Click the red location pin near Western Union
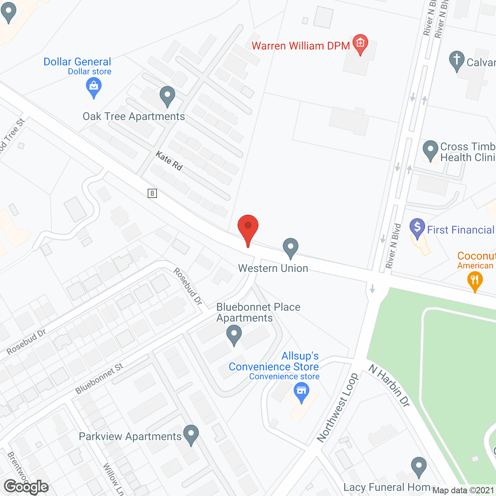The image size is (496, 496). coord(248,227)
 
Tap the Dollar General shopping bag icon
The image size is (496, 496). coord(93,86)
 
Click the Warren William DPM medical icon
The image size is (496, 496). coord(360,43)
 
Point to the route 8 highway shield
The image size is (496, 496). coord(152,193)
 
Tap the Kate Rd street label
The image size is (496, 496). coord(169,161)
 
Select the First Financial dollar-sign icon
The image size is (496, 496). coord(417,227)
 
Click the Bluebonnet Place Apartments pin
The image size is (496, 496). coord(234,334)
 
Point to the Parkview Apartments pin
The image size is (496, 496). coord(191,434)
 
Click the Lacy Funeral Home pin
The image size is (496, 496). coord(418,466)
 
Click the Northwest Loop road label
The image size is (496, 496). coord(337,408)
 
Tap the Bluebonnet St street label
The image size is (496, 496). coord(99,378)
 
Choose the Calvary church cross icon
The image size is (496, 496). coord(457,60)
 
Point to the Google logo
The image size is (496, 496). coord(26,487)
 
